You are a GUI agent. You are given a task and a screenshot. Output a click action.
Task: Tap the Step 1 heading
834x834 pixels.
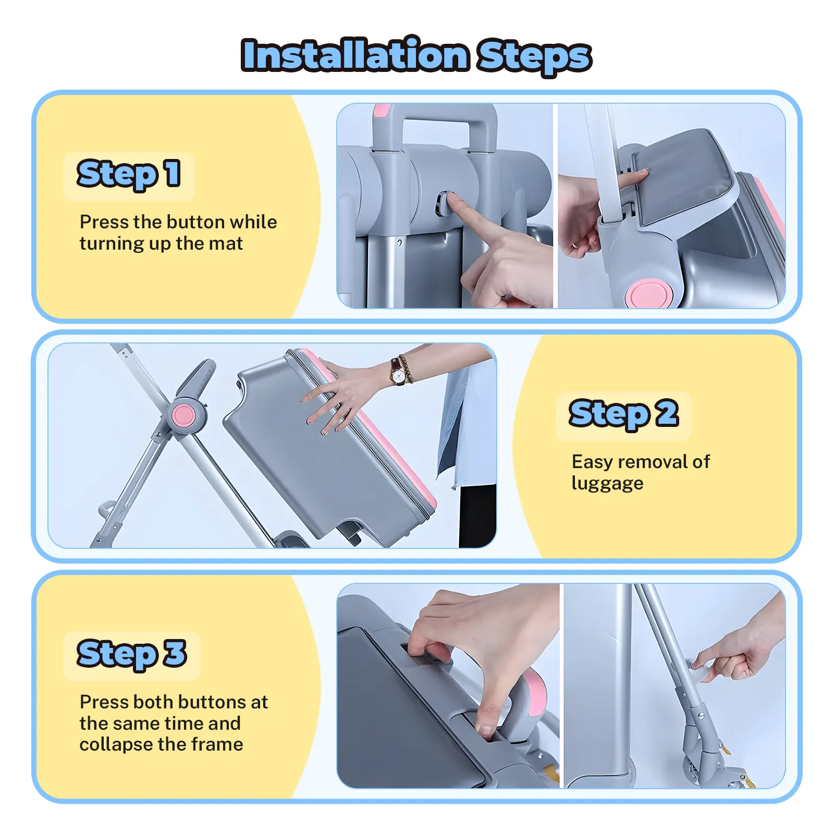point(129,175)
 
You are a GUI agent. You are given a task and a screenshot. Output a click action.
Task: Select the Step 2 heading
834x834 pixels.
point(623,414)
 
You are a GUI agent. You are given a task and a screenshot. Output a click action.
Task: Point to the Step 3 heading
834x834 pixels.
point(131,654)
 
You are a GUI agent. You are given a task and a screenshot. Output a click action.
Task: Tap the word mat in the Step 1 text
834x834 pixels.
point(226,244)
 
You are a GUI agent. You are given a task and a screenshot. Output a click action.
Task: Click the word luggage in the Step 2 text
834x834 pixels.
point(607,484)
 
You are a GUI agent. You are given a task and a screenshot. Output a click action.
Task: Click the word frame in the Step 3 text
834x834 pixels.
point(218,744)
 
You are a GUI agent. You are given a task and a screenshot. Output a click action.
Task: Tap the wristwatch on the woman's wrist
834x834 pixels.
point(399,372)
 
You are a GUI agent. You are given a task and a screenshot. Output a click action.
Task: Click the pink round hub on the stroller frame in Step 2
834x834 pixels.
point(183,415)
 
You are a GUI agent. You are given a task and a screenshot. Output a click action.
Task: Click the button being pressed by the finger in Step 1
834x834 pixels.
point(442,204)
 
